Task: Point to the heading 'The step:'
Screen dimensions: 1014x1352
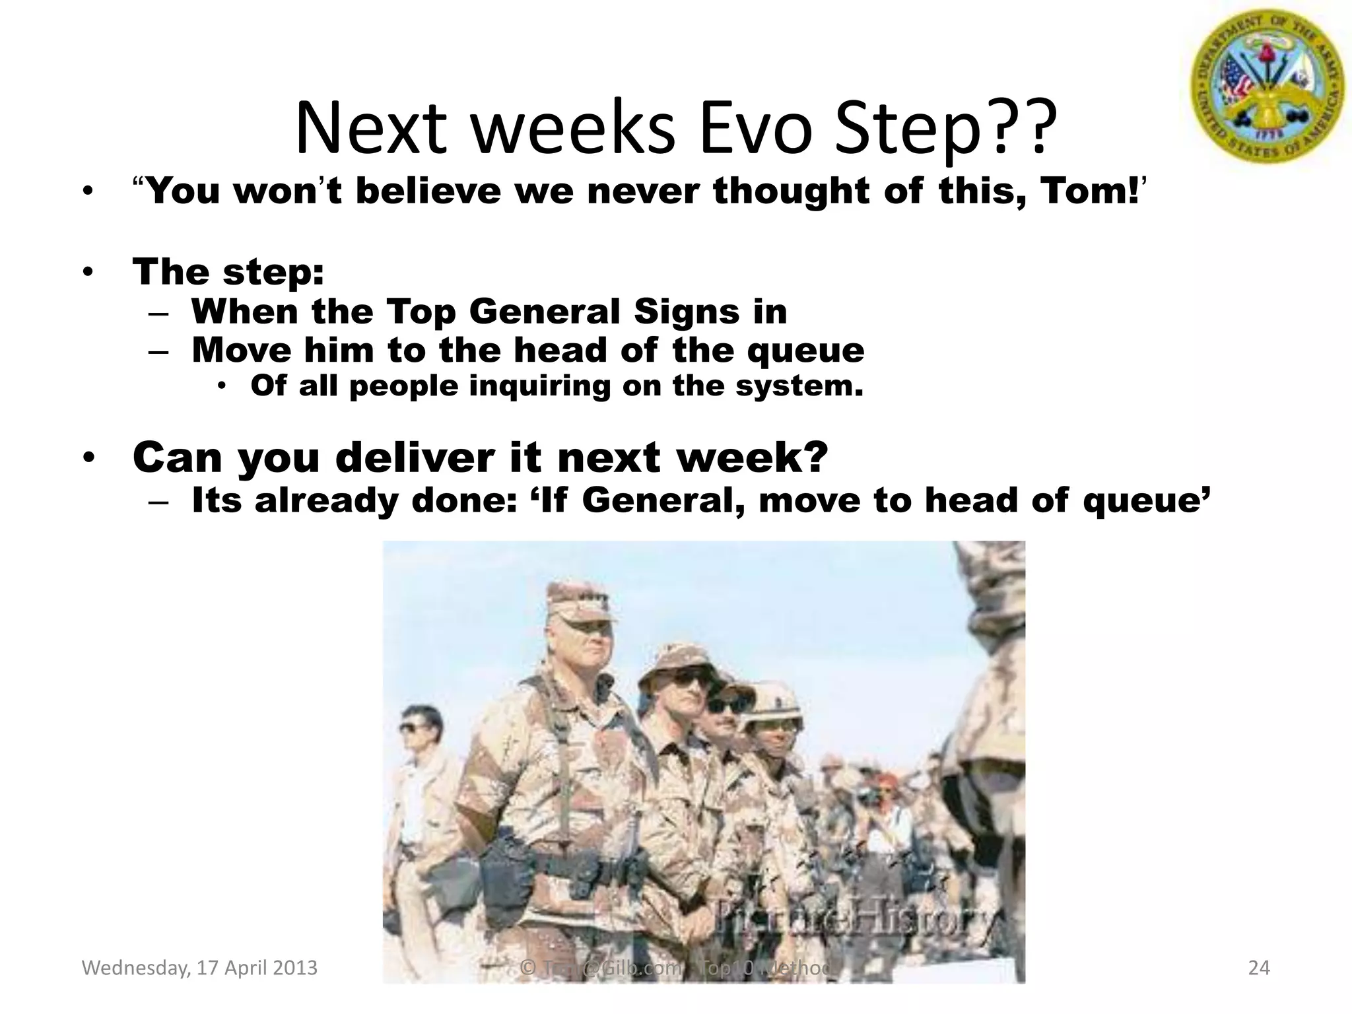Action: tap(228, 271)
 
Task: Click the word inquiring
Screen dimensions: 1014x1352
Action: tap(540, 386)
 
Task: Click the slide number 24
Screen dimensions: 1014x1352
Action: tap(1259, 968)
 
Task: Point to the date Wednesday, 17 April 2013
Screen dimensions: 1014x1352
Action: tap(199, 968)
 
